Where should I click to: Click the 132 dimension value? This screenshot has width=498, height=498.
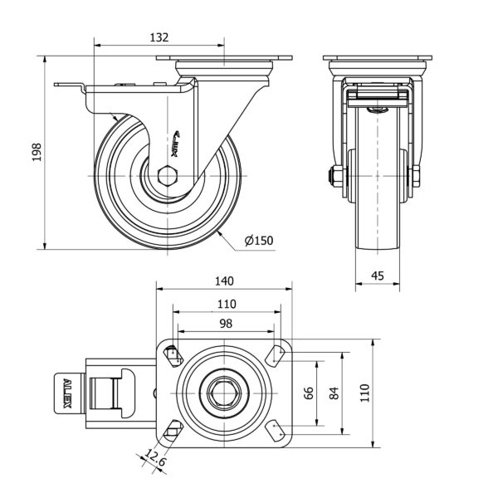click(x=159, y=37)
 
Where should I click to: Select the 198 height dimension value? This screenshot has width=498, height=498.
click(x=37, y=152)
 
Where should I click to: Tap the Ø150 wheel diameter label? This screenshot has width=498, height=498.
click(x=259, y=241)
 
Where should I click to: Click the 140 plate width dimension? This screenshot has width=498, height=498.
click(x=225, y=281)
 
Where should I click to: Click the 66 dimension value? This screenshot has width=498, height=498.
click(x=309, y=393)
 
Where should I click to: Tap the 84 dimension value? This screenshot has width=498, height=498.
click(x=334, y=393)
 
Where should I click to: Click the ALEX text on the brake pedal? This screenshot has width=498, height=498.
click(x=67, y=393)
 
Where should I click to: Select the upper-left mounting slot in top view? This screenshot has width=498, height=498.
click(x=173, y=355)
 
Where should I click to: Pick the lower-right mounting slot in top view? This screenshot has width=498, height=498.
click(x=276, y=431)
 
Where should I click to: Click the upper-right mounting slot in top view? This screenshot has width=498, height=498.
click(x=276, y=355)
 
